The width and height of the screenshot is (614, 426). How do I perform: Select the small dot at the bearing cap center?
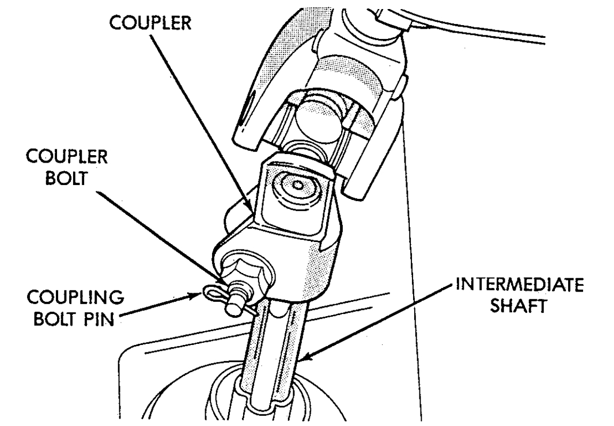(297, 185)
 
